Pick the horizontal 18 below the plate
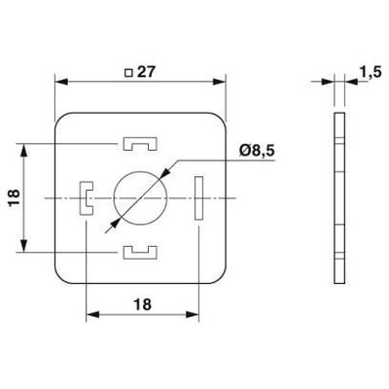pos(141,303)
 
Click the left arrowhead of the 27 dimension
pos(59,81)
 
